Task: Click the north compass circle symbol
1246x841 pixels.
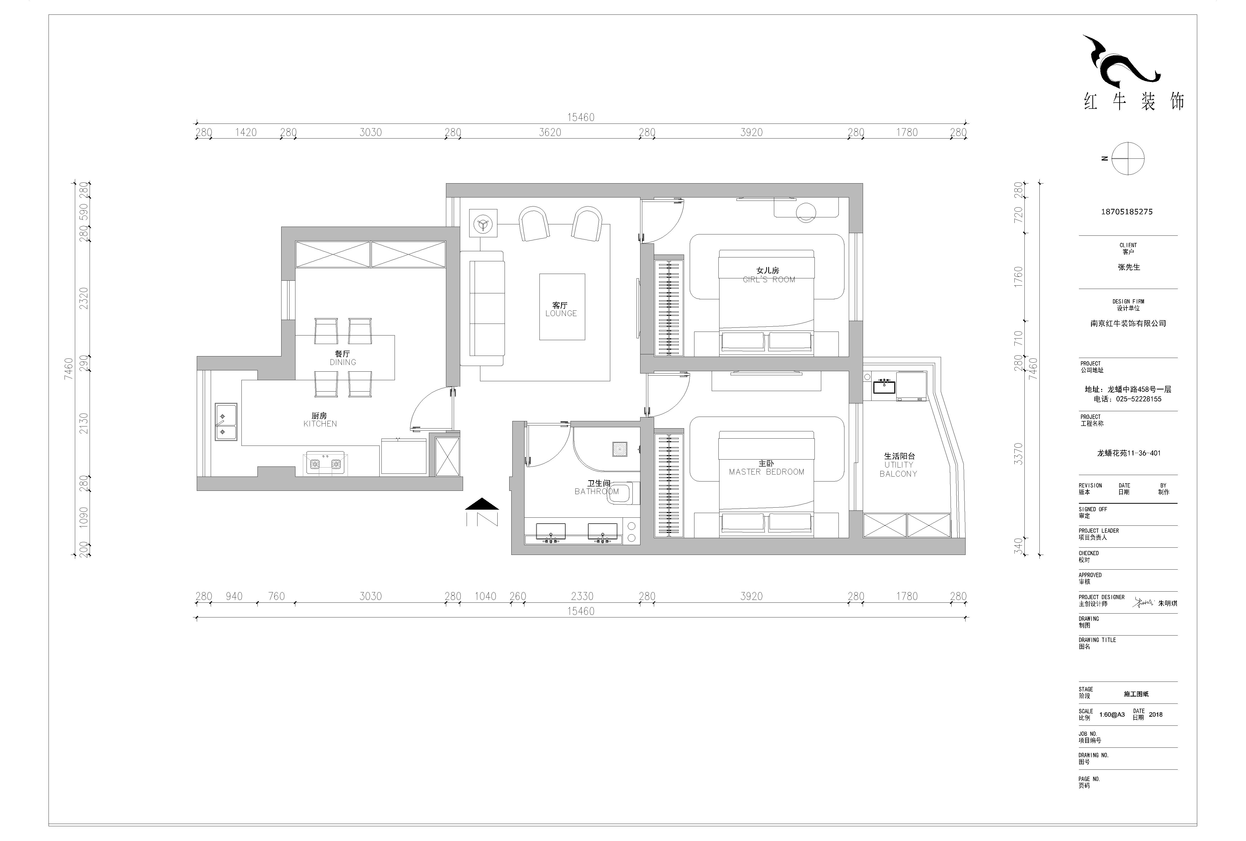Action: point(1127,159)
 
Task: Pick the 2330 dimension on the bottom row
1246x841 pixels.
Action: point(582,596)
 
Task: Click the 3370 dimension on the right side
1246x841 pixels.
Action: point(1018,454)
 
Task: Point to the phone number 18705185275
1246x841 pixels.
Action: point(1126,212)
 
